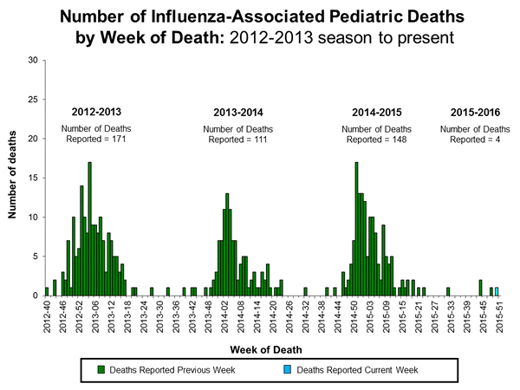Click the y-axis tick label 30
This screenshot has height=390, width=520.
click(x=32, y=60)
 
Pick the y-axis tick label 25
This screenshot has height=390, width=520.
click(x=32, y=99)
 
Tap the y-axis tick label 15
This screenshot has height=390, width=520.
click(x=32, y=178)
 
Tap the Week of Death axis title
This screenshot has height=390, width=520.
click(x=267, y=349)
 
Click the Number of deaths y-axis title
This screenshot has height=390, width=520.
click(x=14, y=178)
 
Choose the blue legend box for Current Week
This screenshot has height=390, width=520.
click(x=287, y=369)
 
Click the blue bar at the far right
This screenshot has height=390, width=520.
click(x=497, y=291)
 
